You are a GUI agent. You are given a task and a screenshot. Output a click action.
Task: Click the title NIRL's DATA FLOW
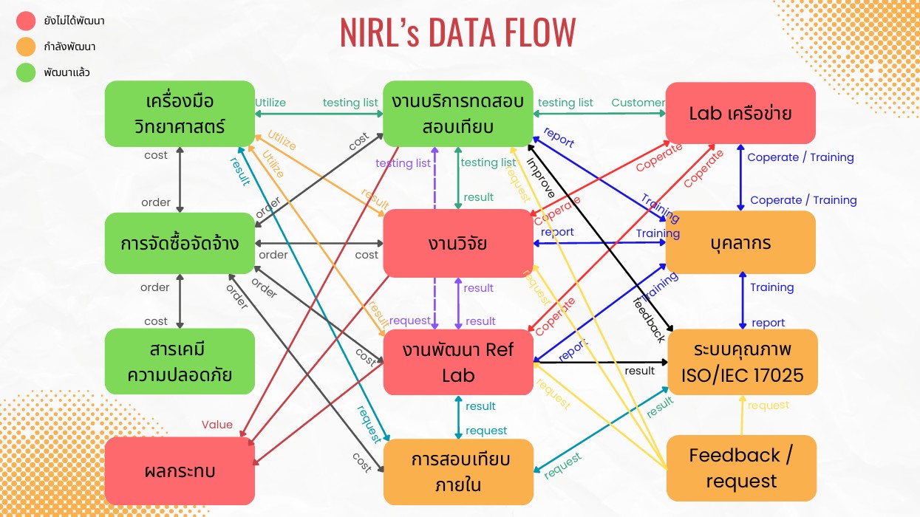coord(458,32)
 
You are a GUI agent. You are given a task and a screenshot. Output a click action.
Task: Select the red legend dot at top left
coord(26,21)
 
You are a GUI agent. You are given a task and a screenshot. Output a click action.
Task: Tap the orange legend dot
coord(26,47)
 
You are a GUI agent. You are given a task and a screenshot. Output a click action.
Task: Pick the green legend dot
coord(26,72)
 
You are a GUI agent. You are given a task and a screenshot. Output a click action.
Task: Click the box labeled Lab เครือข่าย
coord(740,113)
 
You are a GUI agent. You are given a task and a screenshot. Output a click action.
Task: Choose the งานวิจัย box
coord(457,243)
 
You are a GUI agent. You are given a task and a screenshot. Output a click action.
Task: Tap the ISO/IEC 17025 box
coord(742,362)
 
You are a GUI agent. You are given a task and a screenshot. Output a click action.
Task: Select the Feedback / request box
coord(741,468)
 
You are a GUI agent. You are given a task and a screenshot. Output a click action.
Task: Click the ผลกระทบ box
coord(180,470)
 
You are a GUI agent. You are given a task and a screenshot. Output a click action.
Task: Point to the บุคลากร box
coord(740,242)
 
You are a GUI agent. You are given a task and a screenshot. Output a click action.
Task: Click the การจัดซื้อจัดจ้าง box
coord(180,243)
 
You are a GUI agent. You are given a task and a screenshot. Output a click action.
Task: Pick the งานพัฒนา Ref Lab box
coord(458,362)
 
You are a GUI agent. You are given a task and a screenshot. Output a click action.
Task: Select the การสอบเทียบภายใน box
coord(458,472)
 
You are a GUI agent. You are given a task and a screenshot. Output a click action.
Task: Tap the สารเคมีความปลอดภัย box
coord(180,361)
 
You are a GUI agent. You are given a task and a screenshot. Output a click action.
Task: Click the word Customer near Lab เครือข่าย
coord(638,103)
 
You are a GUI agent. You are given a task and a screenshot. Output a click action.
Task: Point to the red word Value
coord(217,425)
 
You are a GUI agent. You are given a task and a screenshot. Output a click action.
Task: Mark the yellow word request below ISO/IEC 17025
coord(769,405)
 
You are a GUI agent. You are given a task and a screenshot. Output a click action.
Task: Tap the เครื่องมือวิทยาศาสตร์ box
coord(180,113)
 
